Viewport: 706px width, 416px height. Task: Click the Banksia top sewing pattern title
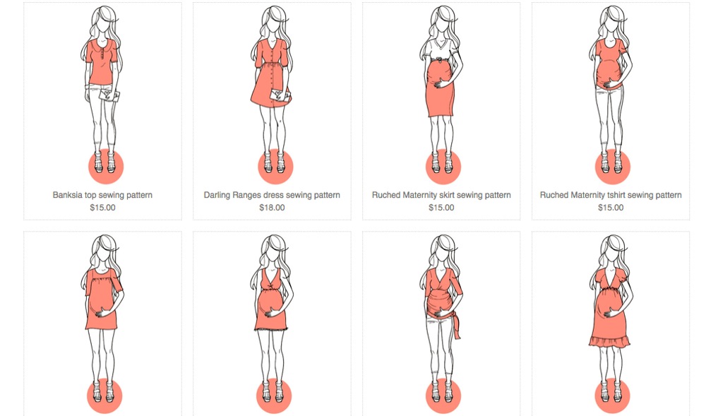click(102, 195)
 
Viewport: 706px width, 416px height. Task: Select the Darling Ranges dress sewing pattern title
click(272, 195)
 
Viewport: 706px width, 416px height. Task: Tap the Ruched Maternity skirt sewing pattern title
click(441, 195)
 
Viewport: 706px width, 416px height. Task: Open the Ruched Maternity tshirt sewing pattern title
click(611, 195)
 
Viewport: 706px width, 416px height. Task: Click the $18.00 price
click(272, 208)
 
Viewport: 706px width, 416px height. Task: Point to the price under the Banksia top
click(102, 208)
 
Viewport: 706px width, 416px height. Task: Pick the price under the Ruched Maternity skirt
click(441, 208)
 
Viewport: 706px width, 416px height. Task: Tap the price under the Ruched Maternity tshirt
click(611, 208)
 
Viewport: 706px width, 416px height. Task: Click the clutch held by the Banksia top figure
click(109, 95)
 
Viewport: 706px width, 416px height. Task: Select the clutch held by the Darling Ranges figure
click(280, 96)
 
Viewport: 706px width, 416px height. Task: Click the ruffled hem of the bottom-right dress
click(610, 342)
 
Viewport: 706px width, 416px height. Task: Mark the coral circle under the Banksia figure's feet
click(106, 167)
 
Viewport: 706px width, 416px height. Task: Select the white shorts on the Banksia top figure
click(100, 88)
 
